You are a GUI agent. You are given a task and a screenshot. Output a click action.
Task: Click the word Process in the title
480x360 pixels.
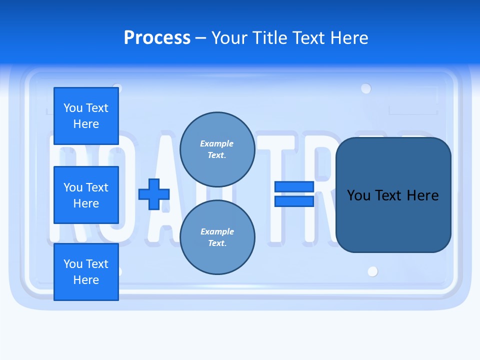(157, 38)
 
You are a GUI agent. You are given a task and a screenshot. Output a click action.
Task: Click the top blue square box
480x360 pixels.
(86, 116)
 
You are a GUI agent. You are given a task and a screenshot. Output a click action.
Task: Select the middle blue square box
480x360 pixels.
(86, 195)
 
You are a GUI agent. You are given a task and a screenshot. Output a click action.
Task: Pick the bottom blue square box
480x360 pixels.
(86, 272)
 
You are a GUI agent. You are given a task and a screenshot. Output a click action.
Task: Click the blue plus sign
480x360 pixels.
(154, 194)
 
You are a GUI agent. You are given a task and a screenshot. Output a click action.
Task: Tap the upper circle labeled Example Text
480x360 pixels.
(217, 149)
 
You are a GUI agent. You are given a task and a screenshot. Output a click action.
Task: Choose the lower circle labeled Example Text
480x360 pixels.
(217, 237)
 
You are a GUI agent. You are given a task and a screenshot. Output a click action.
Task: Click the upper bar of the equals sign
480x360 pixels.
(294, 186)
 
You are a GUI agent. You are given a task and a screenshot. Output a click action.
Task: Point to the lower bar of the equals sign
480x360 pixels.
(294, 201)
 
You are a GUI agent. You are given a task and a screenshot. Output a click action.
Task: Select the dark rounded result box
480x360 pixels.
(393, 220)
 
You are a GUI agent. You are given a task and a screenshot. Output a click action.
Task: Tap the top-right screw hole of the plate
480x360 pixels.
(366, 88)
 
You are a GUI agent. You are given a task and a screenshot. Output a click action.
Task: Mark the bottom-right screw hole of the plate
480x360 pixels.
(372, 271)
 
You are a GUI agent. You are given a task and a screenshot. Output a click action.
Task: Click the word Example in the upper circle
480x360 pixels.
(217, 143)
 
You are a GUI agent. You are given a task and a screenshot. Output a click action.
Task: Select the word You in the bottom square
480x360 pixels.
(72, 264)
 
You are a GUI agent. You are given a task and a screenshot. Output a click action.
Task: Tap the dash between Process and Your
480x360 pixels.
(201, 38)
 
